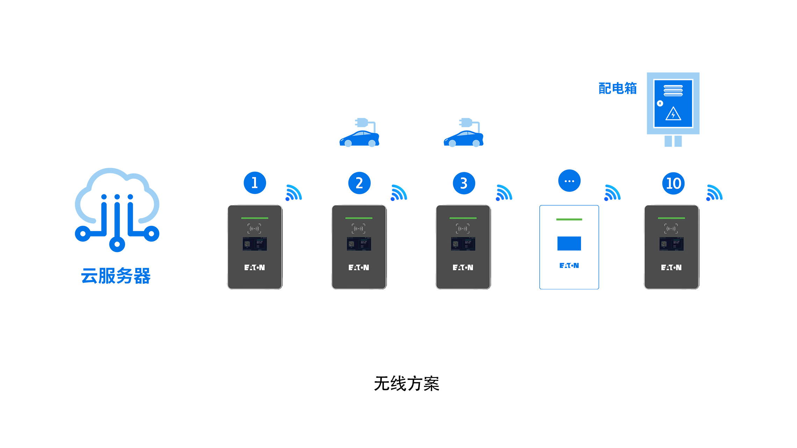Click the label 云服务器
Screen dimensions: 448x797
116,276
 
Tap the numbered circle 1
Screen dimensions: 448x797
255,183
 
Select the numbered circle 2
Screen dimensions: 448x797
359,183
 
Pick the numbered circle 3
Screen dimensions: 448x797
464,183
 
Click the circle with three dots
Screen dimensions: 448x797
569,181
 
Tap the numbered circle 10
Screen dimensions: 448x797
673,183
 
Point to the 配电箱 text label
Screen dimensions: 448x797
617,88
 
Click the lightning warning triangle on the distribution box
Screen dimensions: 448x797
673,114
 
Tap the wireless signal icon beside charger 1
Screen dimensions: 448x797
294,193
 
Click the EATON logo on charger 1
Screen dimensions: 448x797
254,267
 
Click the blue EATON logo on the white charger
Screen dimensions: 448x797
569,266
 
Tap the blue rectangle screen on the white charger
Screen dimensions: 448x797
569,244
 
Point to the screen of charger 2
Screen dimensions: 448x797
359,244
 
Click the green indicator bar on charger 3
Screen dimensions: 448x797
463,218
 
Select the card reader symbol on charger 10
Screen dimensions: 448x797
671,229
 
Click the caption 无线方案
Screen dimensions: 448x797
407,384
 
